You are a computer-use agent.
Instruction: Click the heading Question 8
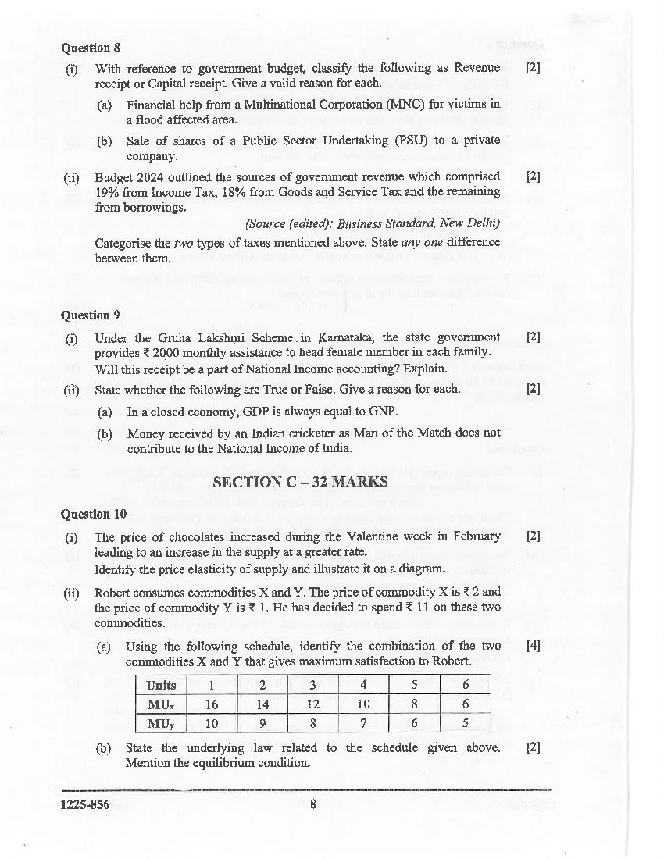click(x=91, y=48)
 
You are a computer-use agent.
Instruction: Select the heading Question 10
click(x=94, y=514)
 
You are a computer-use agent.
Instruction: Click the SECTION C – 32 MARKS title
click(x=300, y=482)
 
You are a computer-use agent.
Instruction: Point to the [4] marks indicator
click(x=534, y=646)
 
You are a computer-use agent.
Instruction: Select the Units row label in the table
click(x=161, y=685)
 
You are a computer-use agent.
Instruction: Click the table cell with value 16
click(x=212, y=704)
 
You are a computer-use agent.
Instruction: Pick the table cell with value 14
click(x=262, y=704)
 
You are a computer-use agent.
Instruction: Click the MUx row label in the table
click(x=161, y=704)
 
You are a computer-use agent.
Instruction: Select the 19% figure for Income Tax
click(x=107, y=192)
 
